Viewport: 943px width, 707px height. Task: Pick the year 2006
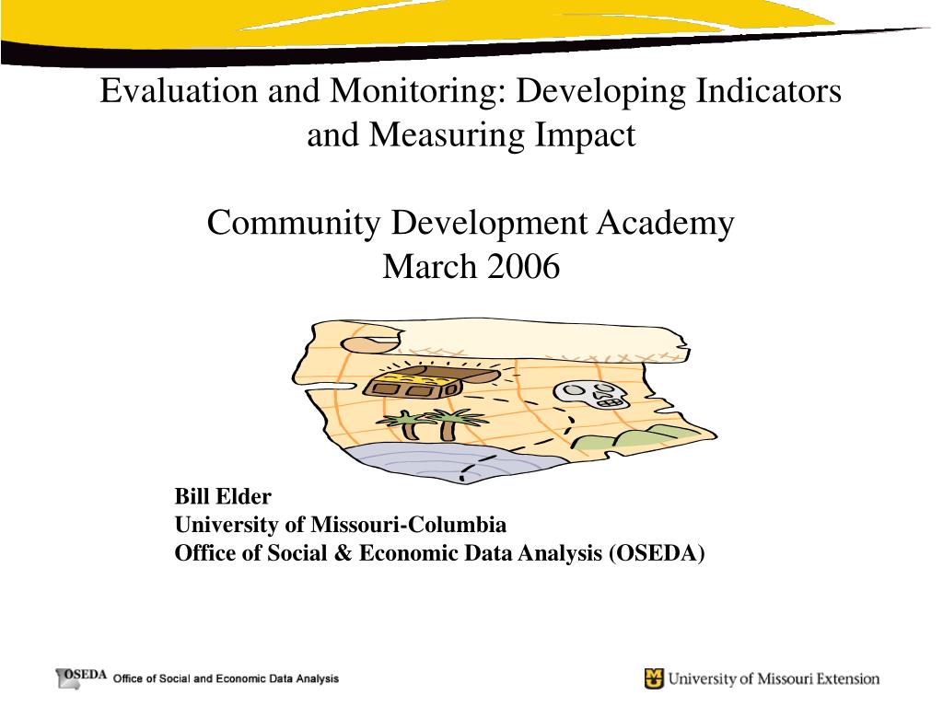click(524, 268)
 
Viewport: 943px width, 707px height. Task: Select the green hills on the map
click(645, 435)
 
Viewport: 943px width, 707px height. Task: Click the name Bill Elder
click(223, 498)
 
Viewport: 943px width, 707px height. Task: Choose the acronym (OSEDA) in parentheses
click(656, 553)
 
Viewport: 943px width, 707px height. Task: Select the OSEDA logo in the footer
click(82, 677)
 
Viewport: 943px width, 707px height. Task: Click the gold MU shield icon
click(654, 679)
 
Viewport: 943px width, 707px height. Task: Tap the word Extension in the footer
click(841, 679)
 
